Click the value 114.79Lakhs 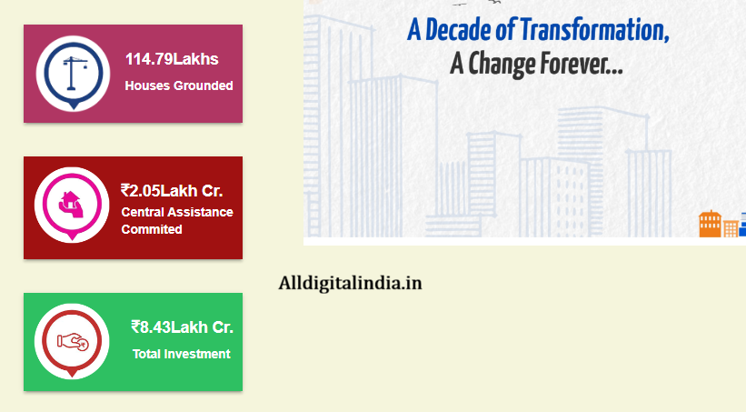(x=172, y=60)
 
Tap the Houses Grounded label (x=178, y=85)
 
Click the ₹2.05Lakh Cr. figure (x=172, y=190)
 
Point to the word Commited (x=152, y=229)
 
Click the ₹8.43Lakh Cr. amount (x=182, y=327)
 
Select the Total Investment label (x=182, y=354)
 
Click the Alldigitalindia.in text (x=350, y=283)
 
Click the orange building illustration (x=710, y=224)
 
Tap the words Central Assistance (x=176, y=212)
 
